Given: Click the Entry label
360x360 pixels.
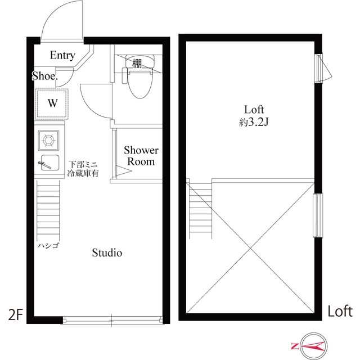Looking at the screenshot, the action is [62, 55].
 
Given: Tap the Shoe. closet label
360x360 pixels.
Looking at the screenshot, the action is [45, 76].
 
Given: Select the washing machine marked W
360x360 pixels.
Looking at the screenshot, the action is [52, 103].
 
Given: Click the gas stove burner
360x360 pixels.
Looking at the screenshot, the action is [48, 140].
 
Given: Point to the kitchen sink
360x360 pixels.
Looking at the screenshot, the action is [49, 163].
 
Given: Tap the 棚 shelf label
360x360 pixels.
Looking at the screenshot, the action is [137, 63].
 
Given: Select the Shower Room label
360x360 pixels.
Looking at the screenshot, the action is [141, 156].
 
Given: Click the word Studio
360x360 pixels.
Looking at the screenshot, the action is [107, 253].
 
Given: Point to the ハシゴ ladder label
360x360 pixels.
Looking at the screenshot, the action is [48, 246].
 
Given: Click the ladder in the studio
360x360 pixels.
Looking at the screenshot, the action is [48, 210].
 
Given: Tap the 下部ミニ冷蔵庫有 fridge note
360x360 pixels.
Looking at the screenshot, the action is [83, 169].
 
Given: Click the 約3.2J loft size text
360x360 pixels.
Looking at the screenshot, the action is [254, 123].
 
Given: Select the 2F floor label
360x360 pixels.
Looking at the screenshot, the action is [16, 315].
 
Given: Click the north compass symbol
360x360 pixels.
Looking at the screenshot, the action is [314, 346].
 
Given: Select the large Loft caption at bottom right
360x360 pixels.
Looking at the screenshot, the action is [340, 311].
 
